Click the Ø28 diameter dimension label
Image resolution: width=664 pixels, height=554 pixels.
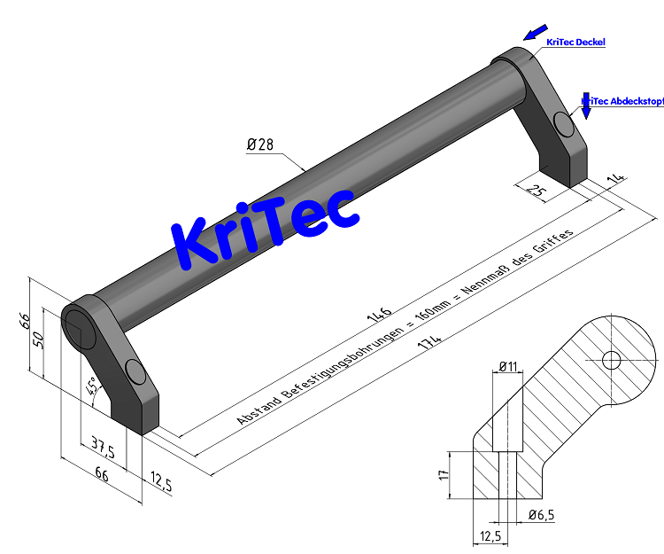(259, 145)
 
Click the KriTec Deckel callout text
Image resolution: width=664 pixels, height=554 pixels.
(575, 42)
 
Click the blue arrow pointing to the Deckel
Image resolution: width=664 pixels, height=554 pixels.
(535, 33)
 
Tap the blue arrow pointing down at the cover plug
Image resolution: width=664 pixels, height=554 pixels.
(585, 106)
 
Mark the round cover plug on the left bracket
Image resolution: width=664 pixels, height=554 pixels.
(136, 372)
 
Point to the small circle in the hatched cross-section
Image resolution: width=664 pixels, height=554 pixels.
(611, 359)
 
